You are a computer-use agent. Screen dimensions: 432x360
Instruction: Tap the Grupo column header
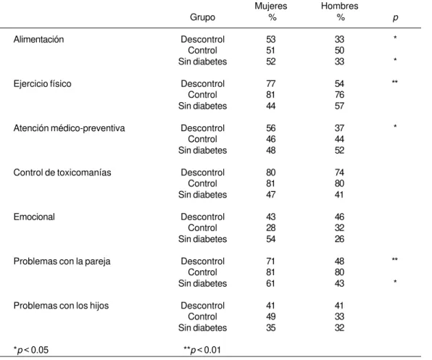pos(202,17)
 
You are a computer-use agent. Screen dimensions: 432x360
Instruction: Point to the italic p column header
pos(395,17)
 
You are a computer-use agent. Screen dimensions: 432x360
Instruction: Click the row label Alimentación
pos(38,39)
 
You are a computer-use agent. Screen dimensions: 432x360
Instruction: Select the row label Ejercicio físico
pos(43,84)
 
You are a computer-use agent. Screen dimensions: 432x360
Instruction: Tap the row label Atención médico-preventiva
pos(69,128)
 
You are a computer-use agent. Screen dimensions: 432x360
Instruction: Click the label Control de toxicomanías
pos(62,172)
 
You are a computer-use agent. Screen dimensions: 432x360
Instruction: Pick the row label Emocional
pos(34,217)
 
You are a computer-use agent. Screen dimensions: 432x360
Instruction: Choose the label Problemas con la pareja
pos(62,261)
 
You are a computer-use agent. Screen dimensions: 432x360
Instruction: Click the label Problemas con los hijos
pos(61,306)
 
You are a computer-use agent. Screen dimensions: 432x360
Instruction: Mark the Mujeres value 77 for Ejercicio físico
pos(271,84)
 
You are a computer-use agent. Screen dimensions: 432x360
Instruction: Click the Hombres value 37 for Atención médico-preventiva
pos(339,128)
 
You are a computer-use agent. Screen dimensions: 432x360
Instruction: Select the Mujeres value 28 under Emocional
pos(271,228)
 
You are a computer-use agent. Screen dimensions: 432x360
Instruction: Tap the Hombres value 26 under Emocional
pos(339,239)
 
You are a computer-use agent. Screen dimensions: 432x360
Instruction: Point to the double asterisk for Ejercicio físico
pos(395,82)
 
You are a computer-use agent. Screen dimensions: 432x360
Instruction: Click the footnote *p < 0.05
pos(31,350)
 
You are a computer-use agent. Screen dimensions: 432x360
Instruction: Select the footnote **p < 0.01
pos(202,350)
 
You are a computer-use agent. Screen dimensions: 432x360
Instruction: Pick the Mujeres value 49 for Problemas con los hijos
pos(271,317)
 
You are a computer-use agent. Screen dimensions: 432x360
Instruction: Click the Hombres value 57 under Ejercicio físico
pos(339,106)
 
